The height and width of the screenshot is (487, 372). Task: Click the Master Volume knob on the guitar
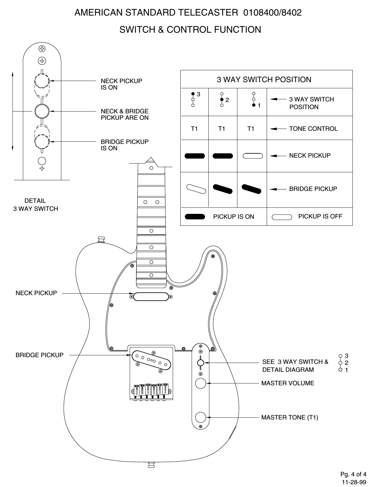tap(201, 383)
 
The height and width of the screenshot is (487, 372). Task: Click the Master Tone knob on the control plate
tap(201, 417)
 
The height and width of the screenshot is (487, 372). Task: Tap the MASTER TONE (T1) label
tap(290, 417)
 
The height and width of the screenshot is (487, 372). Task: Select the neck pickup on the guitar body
tap(151, 296)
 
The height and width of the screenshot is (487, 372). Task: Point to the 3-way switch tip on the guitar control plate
tap(200, 363)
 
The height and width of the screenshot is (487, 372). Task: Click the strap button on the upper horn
tap(101, 239)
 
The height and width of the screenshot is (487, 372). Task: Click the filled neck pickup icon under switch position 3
tap(194, 156)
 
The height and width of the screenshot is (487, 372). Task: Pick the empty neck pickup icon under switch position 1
tap(253, 156)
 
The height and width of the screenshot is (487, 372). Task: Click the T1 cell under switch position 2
tap(222, 129)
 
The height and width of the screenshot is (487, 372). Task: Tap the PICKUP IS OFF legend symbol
tap(282, 217)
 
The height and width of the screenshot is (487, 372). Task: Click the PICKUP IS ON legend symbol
tap(195, 217)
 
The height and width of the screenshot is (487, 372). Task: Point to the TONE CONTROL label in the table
tap(313, 129)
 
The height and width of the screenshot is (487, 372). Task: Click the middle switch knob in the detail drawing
tap(42, 111)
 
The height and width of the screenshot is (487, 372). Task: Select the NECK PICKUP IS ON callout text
tap(121, 84)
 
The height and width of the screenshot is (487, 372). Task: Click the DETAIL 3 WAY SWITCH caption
tap(35, 205)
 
